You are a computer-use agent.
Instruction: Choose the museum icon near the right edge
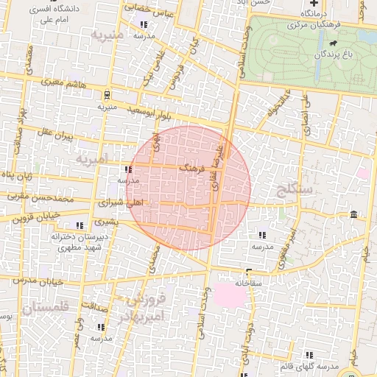coord(354,214)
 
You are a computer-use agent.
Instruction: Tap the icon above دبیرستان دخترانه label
coord(80,225)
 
